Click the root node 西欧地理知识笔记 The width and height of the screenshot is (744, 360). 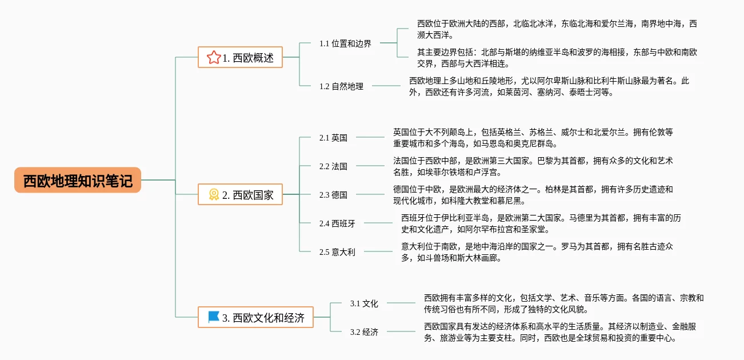[78, 180]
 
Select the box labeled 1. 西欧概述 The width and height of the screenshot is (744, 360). [240, 57]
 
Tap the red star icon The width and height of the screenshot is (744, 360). [214, 57]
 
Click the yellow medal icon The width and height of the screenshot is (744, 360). [214, 194]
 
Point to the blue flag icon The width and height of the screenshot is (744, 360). [214, 317]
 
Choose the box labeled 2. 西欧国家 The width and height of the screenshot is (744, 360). [240, 194]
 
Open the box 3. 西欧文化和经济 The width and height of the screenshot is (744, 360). [256, 317]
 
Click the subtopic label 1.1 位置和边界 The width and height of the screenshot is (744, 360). [345, 43]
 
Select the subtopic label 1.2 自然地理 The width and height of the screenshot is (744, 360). [341, 86]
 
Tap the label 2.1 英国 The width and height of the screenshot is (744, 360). [333, 138]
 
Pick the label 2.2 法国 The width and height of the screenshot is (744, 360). [333, 166]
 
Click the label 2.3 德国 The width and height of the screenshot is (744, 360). [333, 195]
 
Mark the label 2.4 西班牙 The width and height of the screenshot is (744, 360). [337, 223]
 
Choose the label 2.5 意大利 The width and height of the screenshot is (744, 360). [337, 252]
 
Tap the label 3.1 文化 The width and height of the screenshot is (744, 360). [364, 303]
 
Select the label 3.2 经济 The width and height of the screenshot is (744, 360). [364, 332]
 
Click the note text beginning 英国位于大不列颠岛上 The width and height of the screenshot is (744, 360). [533, 138]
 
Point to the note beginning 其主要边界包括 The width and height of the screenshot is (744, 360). [557, 58]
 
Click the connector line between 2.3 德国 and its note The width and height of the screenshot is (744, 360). [370, 194]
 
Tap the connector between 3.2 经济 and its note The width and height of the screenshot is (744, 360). [401, 331]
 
